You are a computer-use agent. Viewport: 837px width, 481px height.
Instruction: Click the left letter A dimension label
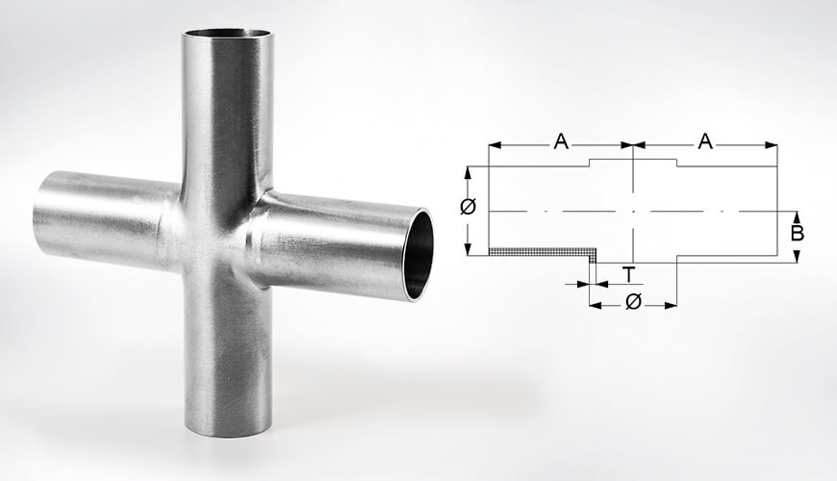[561, 142]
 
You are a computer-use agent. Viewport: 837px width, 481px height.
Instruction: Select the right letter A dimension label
[705, 142]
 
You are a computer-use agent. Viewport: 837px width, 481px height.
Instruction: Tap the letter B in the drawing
[797, 234]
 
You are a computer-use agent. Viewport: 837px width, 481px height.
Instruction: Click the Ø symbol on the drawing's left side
[469, 208]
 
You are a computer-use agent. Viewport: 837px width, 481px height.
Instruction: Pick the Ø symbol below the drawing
[633, 302]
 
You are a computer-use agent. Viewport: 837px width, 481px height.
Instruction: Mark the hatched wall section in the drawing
[539, 253]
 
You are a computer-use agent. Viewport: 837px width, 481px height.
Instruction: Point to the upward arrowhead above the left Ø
[469, 172]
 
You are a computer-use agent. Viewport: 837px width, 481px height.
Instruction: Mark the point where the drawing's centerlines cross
[633, 211]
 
